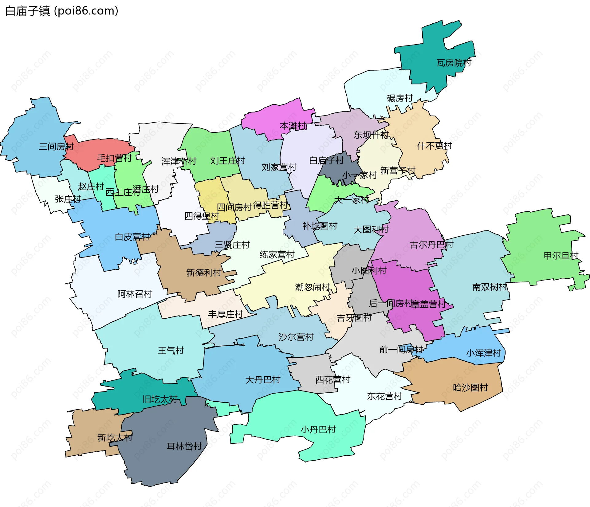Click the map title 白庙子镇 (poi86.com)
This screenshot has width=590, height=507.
(x=61, y=11)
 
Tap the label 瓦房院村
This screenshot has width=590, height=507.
(x=454, y=63)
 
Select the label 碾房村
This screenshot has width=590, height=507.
(x=399, y=98)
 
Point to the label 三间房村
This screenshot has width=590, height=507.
(x=56, y=147)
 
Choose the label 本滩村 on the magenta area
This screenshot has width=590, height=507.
(x=293, y=126)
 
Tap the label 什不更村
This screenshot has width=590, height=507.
(x=435, y=146)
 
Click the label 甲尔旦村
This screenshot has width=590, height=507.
(x=561, y=256)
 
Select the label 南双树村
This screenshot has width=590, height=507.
(x=490, y=287)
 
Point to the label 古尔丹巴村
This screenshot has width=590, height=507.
(x=431, y=245)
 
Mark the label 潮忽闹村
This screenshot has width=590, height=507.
(x=313, y=287)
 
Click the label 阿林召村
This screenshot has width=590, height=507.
(x=135, y=294)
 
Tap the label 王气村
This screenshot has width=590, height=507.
(x=171, y=351)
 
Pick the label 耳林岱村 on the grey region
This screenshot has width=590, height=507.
(x=184, y=446)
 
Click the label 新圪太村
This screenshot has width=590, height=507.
(x=115, y=438)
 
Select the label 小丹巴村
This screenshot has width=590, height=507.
(x=318, y=430)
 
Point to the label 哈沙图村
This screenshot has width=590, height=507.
(x=470, y=388)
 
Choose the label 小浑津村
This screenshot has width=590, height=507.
(x=483, y=353)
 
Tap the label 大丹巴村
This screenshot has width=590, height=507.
(x=263, y=380)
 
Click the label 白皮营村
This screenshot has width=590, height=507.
(x=132, y=237)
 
